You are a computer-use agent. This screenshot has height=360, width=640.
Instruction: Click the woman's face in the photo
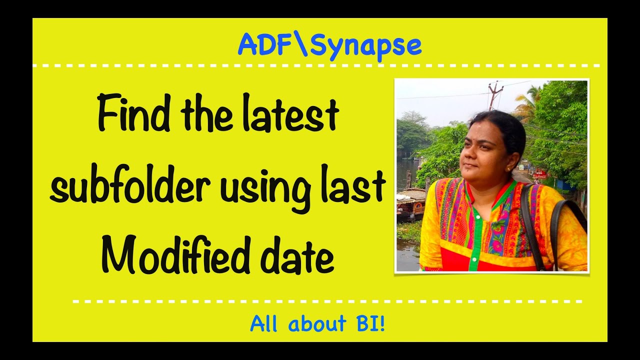click(x=480, y=150)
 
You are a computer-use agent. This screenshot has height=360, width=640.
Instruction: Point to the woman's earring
click(x=509, y=169)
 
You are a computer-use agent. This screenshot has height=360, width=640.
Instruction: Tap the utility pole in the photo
click(x=495, y=95)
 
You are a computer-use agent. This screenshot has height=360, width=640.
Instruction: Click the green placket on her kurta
click(x=474, y=235)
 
